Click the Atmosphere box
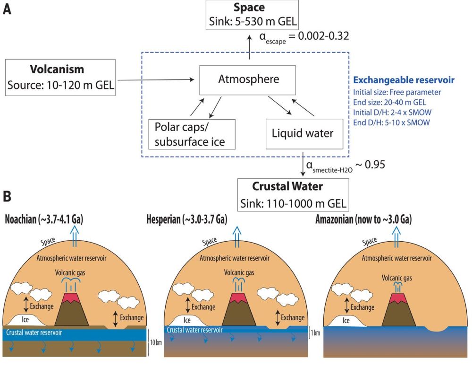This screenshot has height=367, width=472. pos(248,80)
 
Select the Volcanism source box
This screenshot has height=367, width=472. pos(60,77)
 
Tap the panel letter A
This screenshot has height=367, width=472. pos(7,10)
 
